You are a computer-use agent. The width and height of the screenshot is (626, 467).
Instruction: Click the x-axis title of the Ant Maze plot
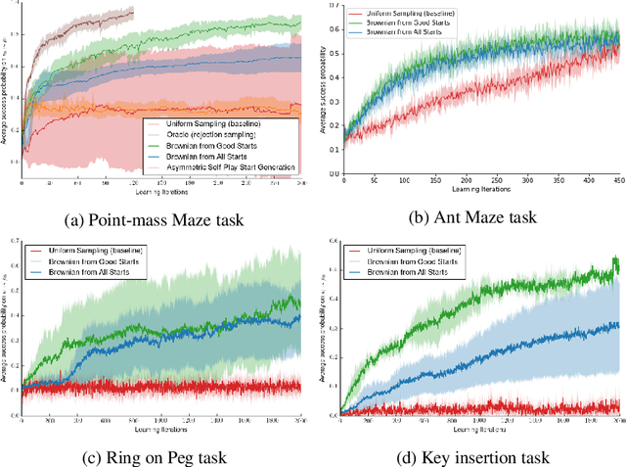[479, 191]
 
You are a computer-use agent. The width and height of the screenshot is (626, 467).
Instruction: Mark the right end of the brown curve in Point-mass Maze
[134, 10]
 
